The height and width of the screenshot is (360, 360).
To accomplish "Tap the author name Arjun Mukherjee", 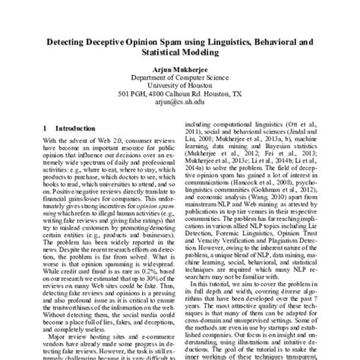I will coord(179,67).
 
